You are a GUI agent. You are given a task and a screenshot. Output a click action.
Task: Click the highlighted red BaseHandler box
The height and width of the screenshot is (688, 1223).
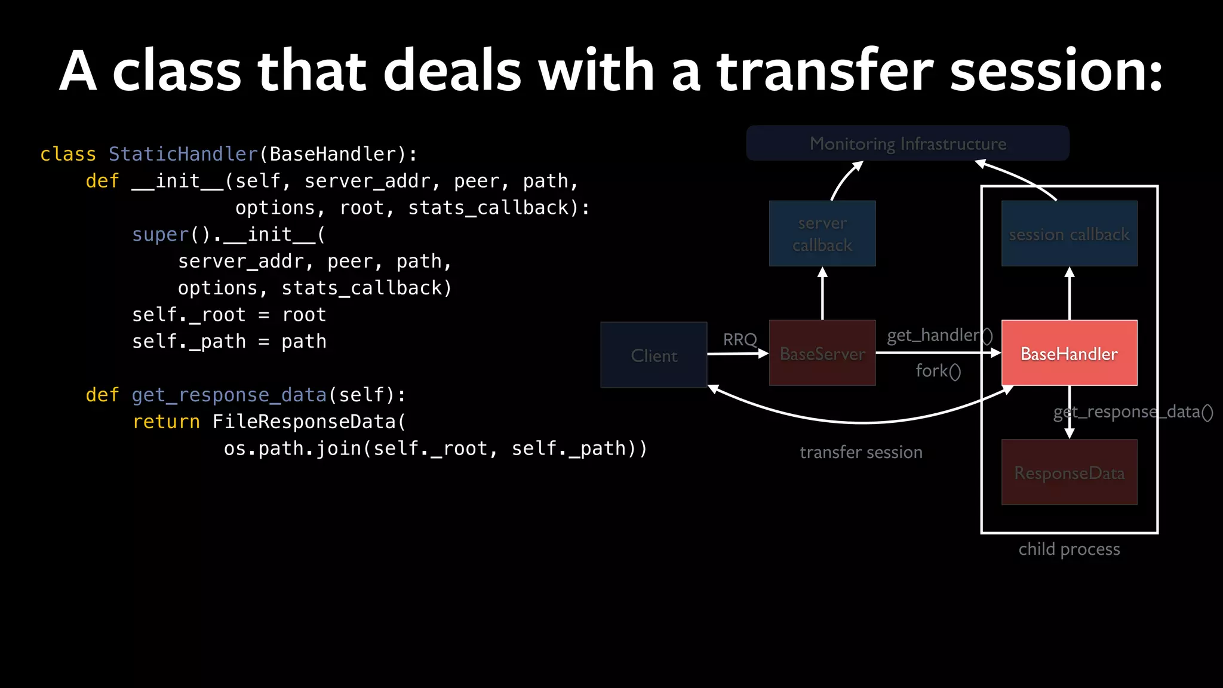click(1069, 353)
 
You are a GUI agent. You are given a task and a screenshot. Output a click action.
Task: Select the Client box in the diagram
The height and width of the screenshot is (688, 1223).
click(654, 355)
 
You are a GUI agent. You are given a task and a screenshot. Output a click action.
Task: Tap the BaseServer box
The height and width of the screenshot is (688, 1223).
click(822, 353)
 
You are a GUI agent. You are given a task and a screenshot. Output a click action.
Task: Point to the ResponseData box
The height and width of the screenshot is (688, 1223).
click(1069, 472)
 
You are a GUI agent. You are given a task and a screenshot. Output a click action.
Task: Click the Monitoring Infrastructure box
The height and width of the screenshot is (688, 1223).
click(908, 143)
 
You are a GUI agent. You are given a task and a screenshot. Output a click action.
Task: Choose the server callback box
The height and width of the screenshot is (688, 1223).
click(822, 234)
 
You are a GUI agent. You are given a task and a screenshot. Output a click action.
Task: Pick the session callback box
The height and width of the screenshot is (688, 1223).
click(1069, 234)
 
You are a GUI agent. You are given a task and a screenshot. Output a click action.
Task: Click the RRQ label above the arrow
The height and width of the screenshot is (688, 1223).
click(740, 339)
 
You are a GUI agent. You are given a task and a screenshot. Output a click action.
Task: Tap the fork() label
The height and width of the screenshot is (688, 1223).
click(938, 371)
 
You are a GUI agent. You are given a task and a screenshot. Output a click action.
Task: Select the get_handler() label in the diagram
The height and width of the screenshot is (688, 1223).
click(939, 335)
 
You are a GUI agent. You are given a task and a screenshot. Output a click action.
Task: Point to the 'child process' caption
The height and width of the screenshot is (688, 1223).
click(1069, 549)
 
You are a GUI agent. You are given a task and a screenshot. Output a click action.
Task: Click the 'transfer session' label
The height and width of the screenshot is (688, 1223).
click(861, 452)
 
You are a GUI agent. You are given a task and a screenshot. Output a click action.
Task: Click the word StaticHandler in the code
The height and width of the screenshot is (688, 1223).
click(183, 154)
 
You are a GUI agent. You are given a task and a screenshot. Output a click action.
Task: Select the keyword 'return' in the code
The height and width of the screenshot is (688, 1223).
click(166, 422)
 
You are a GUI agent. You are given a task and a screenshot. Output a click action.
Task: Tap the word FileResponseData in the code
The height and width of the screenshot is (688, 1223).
click(304, 422)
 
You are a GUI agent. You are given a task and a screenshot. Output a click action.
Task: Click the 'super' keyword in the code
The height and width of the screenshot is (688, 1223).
click(160, 235)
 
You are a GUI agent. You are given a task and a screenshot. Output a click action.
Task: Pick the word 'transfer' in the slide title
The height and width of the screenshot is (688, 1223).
click(824, 72)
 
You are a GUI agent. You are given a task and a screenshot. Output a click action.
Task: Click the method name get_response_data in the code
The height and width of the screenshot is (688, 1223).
click(229, 395)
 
